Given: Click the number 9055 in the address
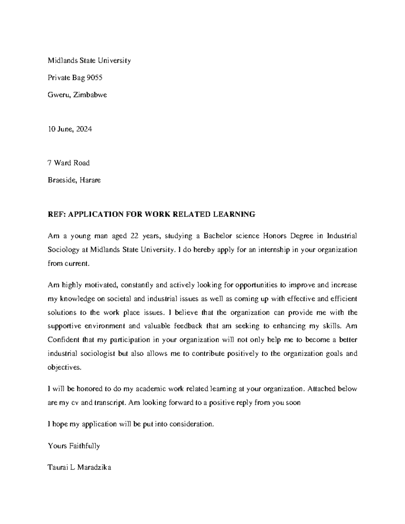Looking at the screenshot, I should pos(94,78).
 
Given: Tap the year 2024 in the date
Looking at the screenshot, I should pos(84,129).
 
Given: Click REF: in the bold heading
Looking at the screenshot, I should pos(57,214).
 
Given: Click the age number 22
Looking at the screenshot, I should pos(135,236).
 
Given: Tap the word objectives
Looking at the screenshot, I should pos(64,367).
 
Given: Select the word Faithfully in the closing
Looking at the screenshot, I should pos(84,446).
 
